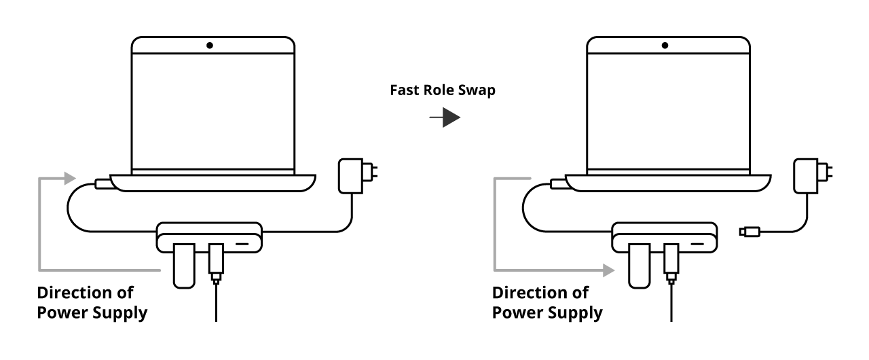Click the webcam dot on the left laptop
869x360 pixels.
(x=210, y=46)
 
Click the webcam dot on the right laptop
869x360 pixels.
(x=665, y=46)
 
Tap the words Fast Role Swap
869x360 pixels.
(x=443, y=91)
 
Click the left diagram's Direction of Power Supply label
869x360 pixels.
(x=92, y=303)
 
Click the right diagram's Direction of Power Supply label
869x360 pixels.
(x=547, y=303)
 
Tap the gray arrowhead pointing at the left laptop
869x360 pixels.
(x=69, y=179)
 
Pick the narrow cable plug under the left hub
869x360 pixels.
(x=216, y=262)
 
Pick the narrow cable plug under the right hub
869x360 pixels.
(x=671, y=262)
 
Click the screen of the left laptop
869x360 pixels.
(x=212, y=109)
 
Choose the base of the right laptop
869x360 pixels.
(x=669, y=182)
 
